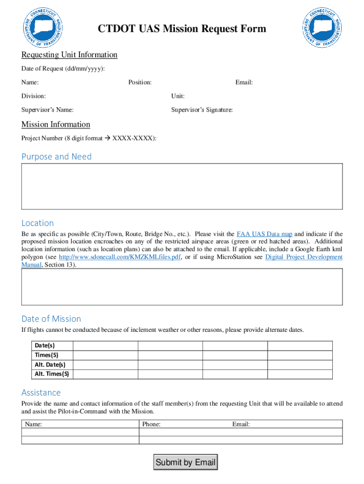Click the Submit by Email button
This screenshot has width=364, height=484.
click(x=185, y=462)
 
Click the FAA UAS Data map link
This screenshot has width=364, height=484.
click(x=264, y=234)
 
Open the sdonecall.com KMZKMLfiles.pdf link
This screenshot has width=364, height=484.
click(x=120, y=257)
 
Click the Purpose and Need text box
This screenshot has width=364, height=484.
click(x=182, y=186)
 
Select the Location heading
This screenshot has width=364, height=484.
click(x=38, y=223)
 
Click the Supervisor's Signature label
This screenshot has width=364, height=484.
click(x=202, y=110)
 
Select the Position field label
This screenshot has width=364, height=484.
click(x=140, y=83)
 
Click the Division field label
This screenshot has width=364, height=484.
click(x=34, y=96)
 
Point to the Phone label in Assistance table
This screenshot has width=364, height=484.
click(x=151, y=424)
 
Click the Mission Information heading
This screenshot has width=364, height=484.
click(x=56, y=124)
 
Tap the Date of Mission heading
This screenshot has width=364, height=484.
click(x=51, y=319)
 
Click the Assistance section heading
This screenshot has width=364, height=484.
click(x=41, y=392)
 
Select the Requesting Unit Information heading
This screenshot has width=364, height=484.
click(x=69, y=55)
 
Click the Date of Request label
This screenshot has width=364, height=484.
click(x=63, y=69)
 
